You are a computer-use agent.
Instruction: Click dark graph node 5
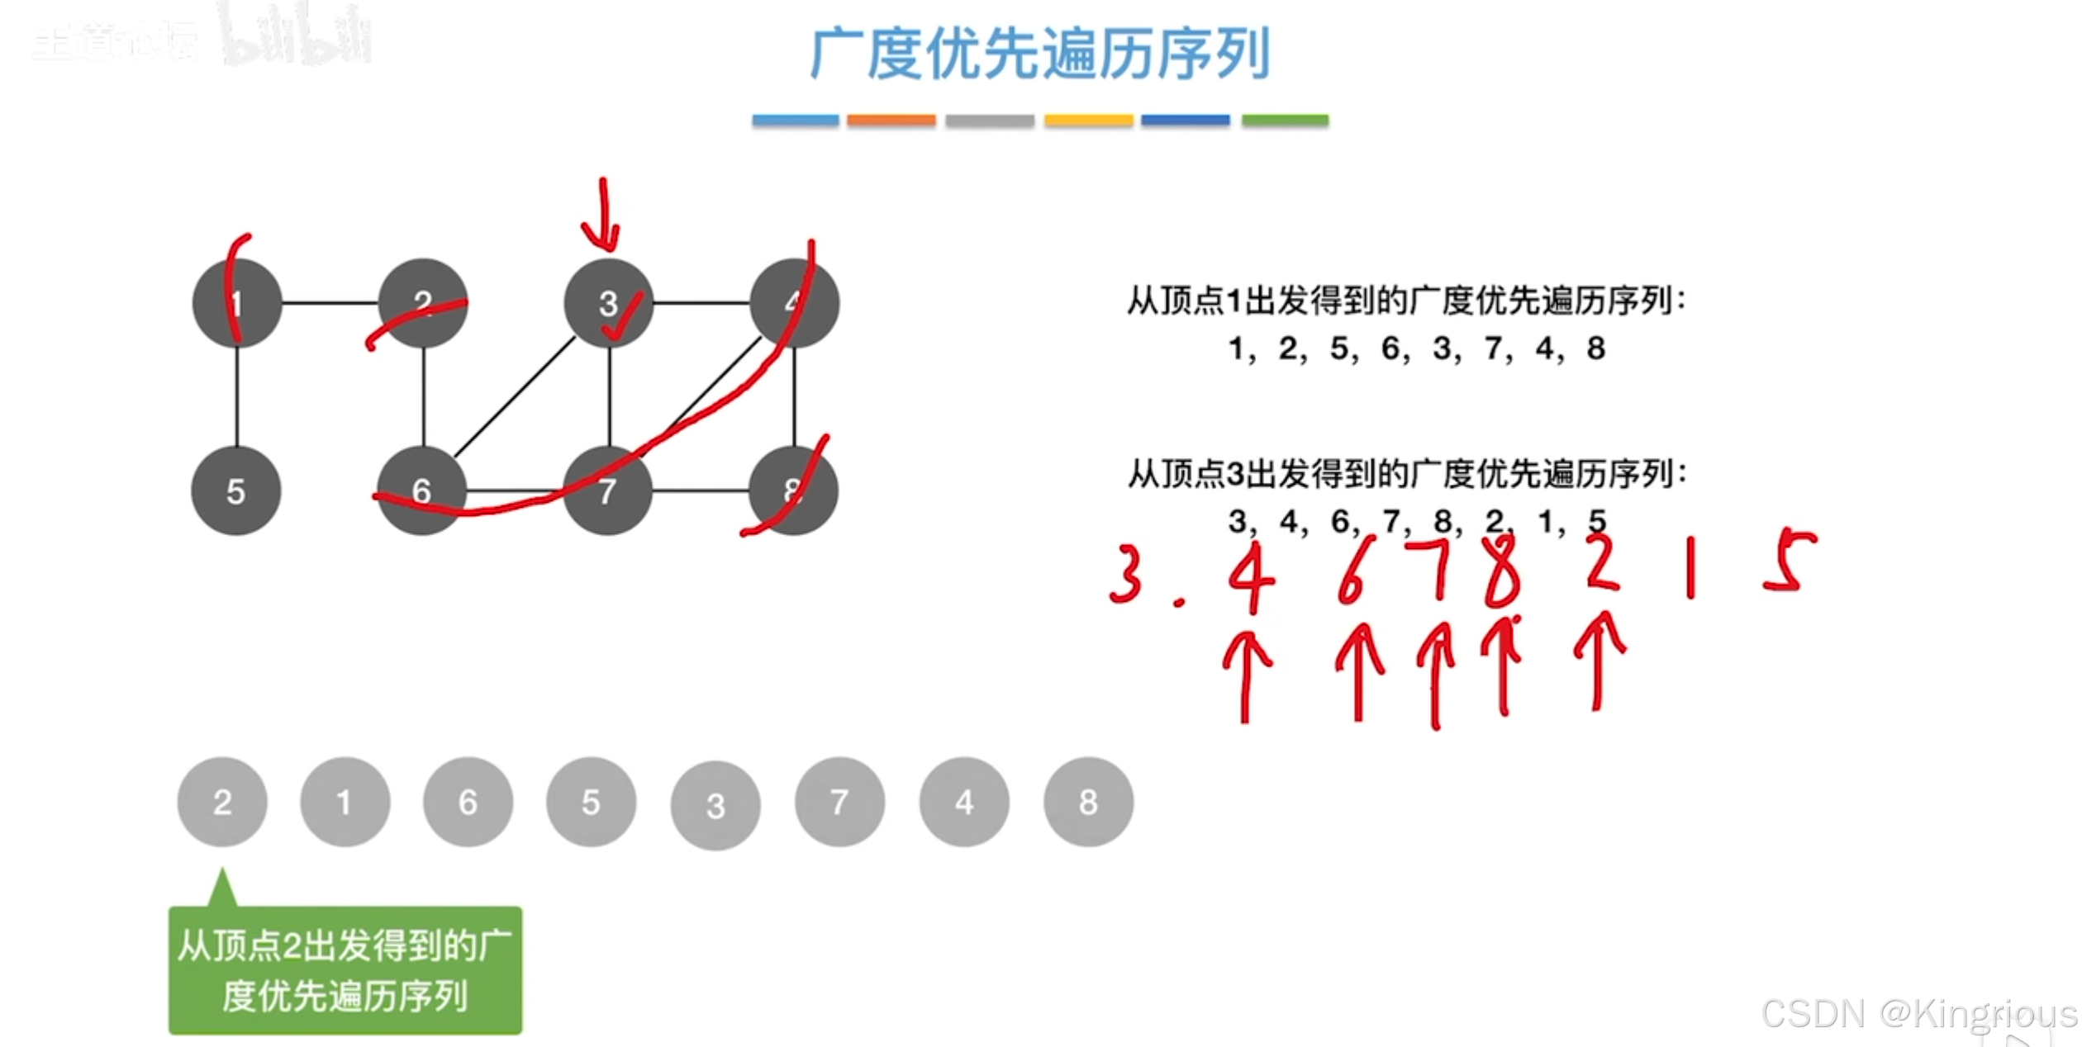[x=236, y=491]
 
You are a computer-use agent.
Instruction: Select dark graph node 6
[x=421, y=491]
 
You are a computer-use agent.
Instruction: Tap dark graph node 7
[x=607, y=491]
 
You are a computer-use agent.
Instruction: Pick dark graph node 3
[x=609, y=303]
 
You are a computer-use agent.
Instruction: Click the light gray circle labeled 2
[x=222, y=802]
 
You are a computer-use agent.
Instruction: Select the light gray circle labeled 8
[x=1088, y=802]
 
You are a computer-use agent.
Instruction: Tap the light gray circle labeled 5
[x=591, y=802]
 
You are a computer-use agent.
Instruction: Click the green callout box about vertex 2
[x=345, y=970]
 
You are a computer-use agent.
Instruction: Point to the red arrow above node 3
[x=603, y=215]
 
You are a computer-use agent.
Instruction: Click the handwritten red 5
[x=1790, y=561]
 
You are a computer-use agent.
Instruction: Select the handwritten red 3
[x=1126, y=574]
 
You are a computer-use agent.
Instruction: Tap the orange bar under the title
[x=891, y=121]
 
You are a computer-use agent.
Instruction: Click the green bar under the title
[x=1285, y=121]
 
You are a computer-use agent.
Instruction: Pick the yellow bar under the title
[x=1088, y=121]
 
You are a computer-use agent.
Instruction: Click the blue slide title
[x=1039, y=54]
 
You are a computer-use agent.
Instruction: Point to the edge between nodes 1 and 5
[x=237, y=396]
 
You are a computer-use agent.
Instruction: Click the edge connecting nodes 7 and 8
[x=701, y=491]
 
